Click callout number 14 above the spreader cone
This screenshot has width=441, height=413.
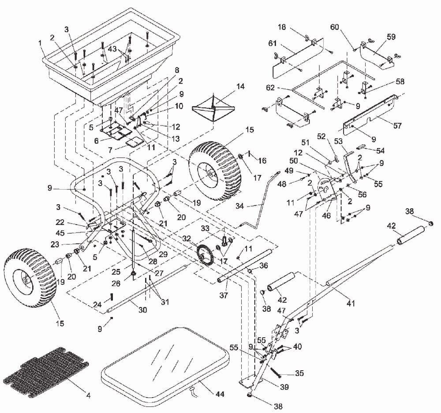[x=240, y=86]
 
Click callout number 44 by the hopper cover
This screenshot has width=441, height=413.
[x=220, y=394]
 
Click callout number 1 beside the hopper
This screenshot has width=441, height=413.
[x=40, y=43]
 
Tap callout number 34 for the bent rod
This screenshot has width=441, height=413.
[x=239, y=206]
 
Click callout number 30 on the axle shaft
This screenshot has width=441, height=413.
[x=142, y=310]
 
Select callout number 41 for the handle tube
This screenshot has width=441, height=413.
[x=351, y=303]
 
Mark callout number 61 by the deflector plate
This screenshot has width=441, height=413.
[x=272, y=43]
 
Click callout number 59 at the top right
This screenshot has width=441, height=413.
[x=391, y=37]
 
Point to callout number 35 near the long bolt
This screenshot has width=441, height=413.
[x=299, y=373]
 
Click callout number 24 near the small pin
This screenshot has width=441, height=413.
[x=97, y=304]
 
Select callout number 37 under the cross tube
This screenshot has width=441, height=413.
[x=224, y=295]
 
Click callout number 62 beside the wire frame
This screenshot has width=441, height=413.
[x=270, y=88]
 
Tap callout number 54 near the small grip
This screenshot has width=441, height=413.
[x=380, y=151]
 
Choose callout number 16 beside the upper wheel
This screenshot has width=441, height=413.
[x=262, y=160]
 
